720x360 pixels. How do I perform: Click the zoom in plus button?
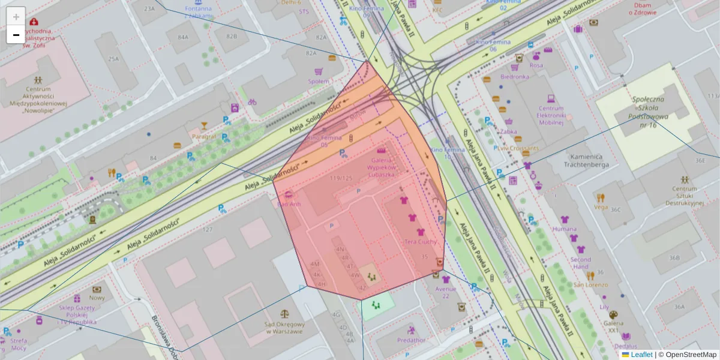16,17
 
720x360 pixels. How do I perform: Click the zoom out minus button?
16,35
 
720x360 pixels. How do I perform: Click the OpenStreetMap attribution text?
691,355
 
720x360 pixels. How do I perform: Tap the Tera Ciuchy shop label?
420,241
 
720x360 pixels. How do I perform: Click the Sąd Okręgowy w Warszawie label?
284,328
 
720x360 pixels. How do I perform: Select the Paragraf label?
204,136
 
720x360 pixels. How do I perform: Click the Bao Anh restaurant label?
289,204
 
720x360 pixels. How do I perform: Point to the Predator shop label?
411,340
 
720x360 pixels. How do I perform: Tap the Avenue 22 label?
445,292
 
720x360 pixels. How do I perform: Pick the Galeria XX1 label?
613,330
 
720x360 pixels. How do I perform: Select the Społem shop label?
318,81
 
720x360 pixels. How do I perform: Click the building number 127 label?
208,229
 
